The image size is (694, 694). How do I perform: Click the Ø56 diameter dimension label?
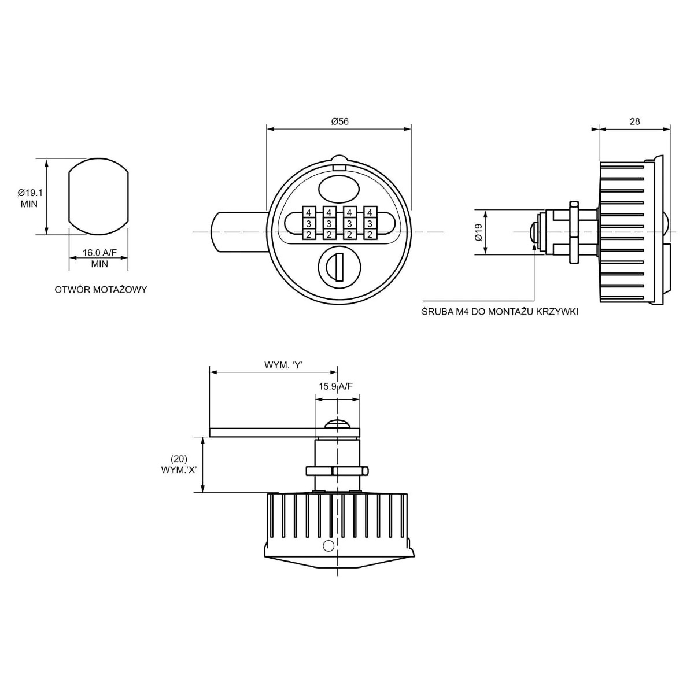[340, 121]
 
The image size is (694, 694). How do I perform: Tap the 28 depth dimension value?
[634, 121]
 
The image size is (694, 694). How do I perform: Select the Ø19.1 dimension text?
[30, 193]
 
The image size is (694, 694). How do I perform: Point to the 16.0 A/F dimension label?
[99, 253]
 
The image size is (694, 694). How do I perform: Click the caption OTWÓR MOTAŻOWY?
[101, 290]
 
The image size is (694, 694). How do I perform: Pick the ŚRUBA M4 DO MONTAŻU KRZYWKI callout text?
[500, 312]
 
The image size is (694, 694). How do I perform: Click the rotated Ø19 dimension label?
[478, 232]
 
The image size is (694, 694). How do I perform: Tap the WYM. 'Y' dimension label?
[283, 365]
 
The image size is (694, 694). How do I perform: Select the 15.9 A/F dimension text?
[335, 386]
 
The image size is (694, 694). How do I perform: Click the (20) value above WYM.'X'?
[179, 459]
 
